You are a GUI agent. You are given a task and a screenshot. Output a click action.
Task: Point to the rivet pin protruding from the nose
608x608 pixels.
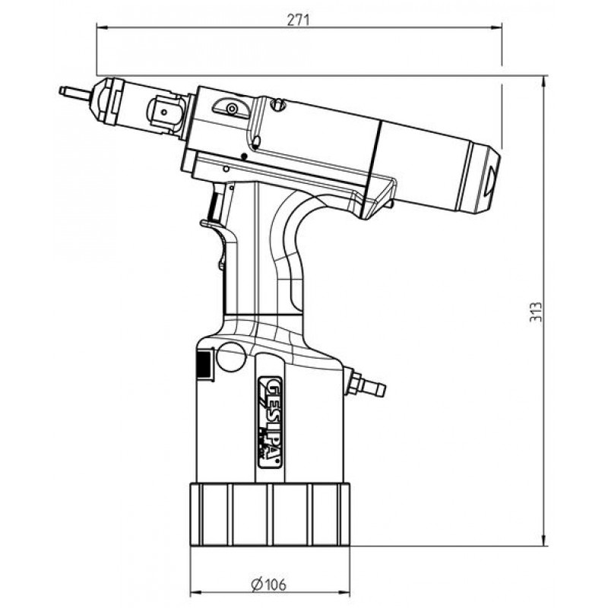[x=71, y=93]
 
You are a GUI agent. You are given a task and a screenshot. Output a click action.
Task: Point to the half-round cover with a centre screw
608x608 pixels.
[x=230, y=109]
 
